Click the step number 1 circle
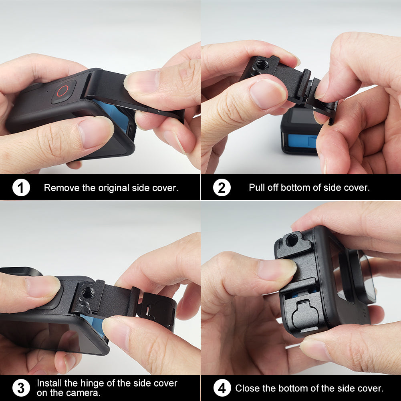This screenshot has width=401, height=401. click(21, 187)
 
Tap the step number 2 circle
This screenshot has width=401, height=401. click(222, 187)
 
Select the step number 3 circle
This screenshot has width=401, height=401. click(21, 388)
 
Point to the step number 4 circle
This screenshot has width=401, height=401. click(222, 388)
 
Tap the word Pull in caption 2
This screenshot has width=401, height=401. click(256, 187)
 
